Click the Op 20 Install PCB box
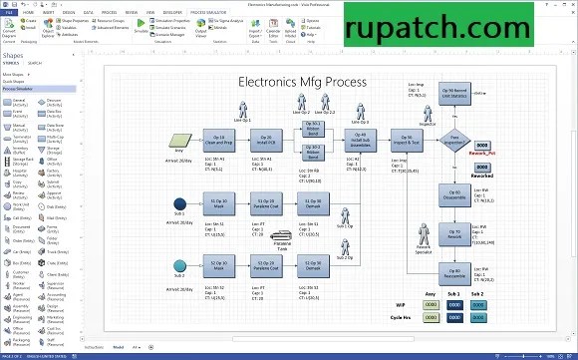(x=264, y=141)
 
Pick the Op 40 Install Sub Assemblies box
(x=360, y=141)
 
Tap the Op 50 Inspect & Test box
(x=404, y=141)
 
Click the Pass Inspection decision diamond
(x=454, y=141)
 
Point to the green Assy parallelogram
(x=180, y=141)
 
